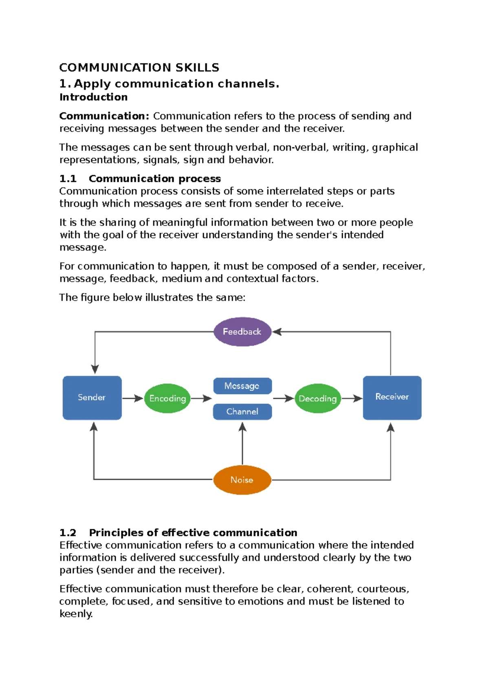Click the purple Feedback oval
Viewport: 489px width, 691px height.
pyautogui.click(x=242, y=332)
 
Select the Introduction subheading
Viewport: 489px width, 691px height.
pyautogui.click(x=93, y=97)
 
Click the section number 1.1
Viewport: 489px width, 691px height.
pyautogui.click(x=68, y=178)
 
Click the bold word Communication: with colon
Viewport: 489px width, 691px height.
pyautogui.click(x=104, y=116)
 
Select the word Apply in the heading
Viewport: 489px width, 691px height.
pyautogui.click(x=92, y=84)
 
